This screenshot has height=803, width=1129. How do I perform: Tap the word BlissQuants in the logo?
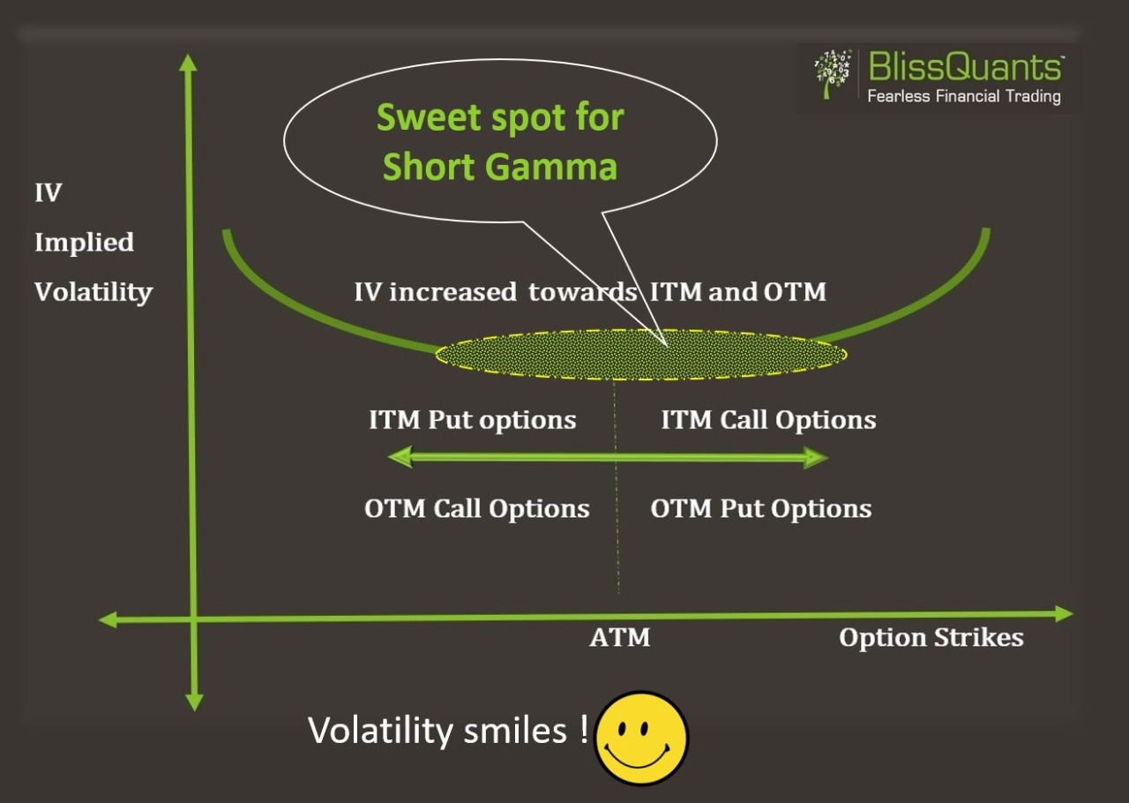[965, 67]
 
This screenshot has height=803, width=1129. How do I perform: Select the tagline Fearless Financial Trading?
[963, 96]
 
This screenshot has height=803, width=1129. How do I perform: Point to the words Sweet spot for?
[500, 117]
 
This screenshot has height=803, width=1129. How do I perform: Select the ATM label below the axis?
[619, 638]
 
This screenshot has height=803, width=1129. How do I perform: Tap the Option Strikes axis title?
[931, 638]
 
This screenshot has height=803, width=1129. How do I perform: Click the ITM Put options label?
[472, 420]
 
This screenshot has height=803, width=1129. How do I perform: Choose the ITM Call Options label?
[768, 420]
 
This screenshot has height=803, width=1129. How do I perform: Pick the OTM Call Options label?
[476, 509]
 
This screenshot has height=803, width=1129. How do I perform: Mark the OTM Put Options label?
[760, 509]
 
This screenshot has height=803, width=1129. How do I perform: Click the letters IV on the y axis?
[48, 193]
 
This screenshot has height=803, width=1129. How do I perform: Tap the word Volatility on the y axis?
[93, 292]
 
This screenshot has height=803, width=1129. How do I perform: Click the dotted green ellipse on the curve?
[641, 355]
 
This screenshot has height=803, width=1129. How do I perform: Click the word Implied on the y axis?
[84, 243]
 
